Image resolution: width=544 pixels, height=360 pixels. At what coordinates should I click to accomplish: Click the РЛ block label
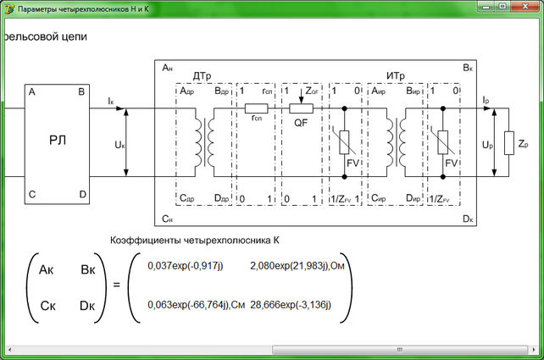pos(57,141)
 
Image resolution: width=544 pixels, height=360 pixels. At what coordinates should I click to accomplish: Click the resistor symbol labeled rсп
pos(256,108)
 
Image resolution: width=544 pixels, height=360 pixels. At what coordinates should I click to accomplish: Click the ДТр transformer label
pos(201,77)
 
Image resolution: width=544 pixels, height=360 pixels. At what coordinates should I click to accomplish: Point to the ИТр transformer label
pos(396,77)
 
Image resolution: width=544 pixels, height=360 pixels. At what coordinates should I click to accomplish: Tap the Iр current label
pos(485,100)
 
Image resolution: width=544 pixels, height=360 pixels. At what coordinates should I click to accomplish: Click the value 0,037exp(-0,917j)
pos(185,266)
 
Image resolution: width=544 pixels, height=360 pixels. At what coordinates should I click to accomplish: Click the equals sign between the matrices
pos(116,285)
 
